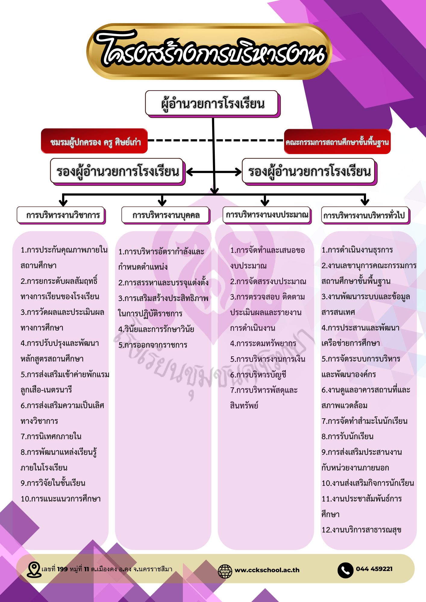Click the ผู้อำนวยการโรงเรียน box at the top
[x=212, y=104]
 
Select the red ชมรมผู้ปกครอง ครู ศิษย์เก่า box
[x=94, y=141]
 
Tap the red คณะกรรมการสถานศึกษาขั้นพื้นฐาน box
[x=337, y=141]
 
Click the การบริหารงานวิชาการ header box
[x=61, y=215]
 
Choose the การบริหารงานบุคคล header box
[x=166, y=215]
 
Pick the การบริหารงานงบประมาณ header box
[x=267, y=215]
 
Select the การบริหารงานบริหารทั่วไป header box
[x=365, y=215]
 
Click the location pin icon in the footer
[x=34, y=569]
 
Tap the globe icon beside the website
[x=225, y=570]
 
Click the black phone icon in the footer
[x=345, y=570]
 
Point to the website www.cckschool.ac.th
[x=267, y=570]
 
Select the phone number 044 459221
[x=374, y=569]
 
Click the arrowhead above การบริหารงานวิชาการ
[x=63, y=201]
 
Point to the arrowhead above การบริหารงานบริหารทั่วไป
[x=365, y=201]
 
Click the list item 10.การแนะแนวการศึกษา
[x=61, y=499]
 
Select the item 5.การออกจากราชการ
[x=153, y=345]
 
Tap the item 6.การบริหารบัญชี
[x=258, y=375]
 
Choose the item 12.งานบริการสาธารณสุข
[x=361, y=530]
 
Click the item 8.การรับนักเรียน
[x=347, y=436]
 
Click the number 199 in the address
[x=62, y=569]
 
